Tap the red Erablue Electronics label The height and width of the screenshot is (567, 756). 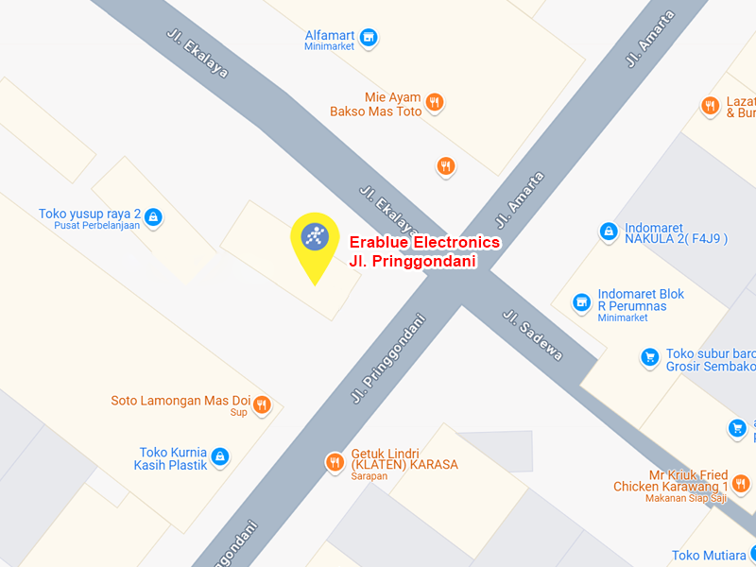[424, 243]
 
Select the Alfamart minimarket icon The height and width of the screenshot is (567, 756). [369, 39]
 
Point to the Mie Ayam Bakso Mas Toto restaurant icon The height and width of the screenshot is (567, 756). [434, 103]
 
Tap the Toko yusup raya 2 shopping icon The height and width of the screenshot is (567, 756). [154, 218]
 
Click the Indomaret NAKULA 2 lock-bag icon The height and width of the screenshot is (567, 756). [609, 231]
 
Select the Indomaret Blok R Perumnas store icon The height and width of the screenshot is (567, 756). [582, 303]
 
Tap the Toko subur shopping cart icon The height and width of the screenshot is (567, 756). [649, 357]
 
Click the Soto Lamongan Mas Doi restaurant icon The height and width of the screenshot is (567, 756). [262, 404]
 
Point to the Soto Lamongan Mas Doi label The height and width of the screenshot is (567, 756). [180, 401]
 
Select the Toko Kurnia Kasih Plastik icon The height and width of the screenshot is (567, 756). [220, 457]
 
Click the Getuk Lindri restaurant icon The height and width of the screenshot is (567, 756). [334, 462]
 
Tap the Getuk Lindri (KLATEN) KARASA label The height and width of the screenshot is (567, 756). [404, 458]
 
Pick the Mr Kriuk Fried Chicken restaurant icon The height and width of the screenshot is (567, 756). [742, 483]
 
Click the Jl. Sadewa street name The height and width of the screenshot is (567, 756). [532, 335]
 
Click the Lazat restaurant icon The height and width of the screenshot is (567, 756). [710, 107]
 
